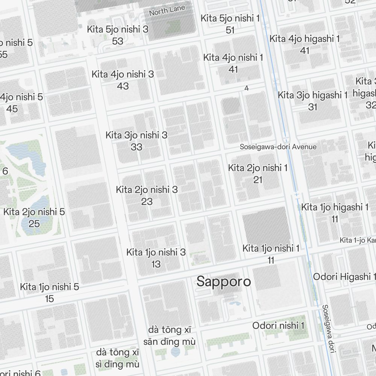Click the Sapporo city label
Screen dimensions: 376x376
click(x=224, y=282)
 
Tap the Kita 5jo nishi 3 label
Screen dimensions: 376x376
click(x=117, y=29)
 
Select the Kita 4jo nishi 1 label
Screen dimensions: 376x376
click(x=233, y=58)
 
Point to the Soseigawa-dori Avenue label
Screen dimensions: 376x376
click(x=278, y=147)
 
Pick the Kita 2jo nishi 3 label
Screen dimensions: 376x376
click(x=147, y=190)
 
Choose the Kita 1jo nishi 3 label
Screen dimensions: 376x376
click(x=156, y=252)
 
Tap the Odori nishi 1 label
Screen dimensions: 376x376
click(x=278, y=326)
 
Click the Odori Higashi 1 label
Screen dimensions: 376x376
click(x=344, y=277)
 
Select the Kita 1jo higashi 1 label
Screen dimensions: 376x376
click(x=335, y=207)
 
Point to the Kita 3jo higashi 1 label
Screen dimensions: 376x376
click(x=312, y=95)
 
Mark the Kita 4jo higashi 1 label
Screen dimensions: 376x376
click(x=305, y=39)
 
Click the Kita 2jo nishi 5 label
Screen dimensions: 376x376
click(x=34, y=212)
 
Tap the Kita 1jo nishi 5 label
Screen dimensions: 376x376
click(x=50, y=287)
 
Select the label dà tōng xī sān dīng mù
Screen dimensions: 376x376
click(x=170, y=336)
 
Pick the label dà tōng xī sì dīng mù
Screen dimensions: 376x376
click(x=118, y=358)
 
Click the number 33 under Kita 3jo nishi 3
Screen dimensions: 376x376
click(x=136, y=147)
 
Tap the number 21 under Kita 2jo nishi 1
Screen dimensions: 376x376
click(x=258, y=180)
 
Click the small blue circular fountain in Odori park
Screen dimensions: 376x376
click(x=175, y=352)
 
